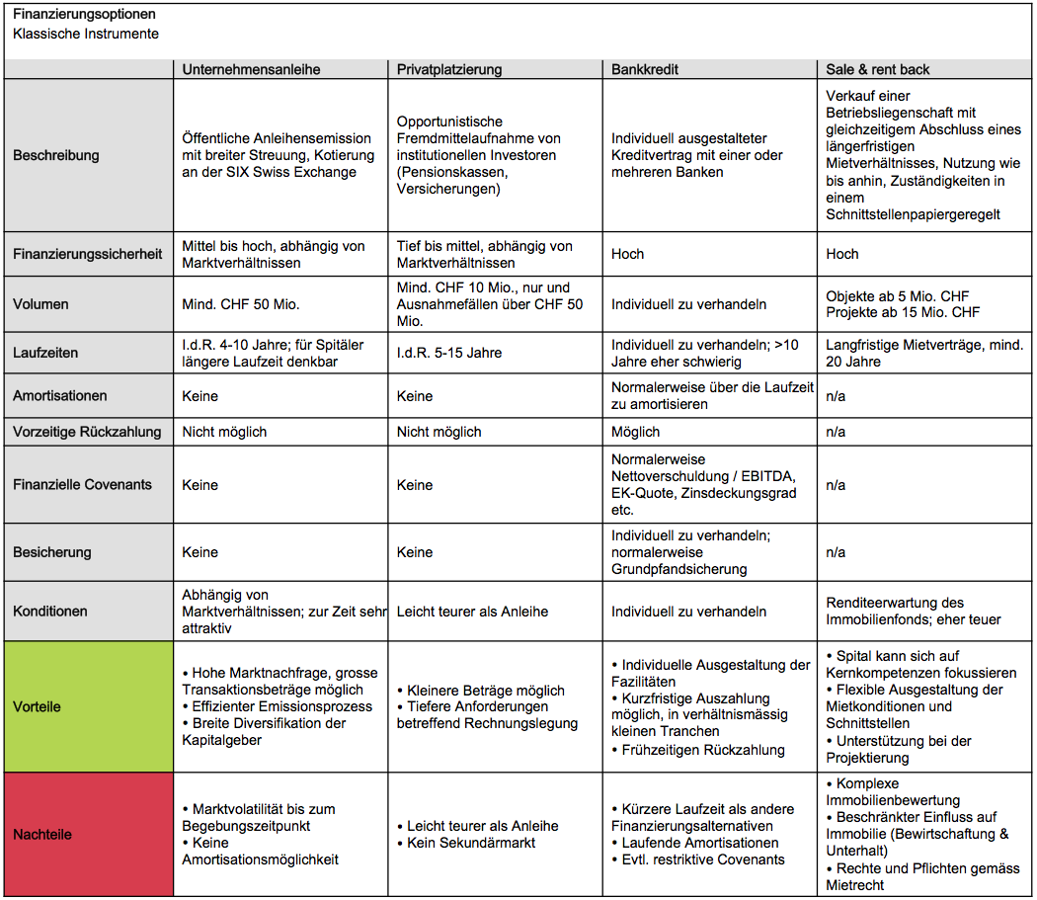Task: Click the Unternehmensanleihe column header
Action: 251,69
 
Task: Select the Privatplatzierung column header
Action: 449,69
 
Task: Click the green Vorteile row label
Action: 37,707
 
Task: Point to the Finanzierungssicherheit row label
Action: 87,254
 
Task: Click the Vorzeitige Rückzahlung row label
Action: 85,432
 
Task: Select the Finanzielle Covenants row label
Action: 82,485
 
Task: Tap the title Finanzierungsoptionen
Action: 84,16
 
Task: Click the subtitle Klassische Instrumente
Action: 86,34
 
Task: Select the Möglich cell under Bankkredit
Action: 635,432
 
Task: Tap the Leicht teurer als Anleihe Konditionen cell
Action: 472,612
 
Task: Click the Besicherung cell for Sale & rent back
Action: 836,552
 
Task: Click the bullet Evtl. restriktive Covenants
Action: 703,859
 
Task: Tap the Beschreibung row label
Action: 56,155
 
